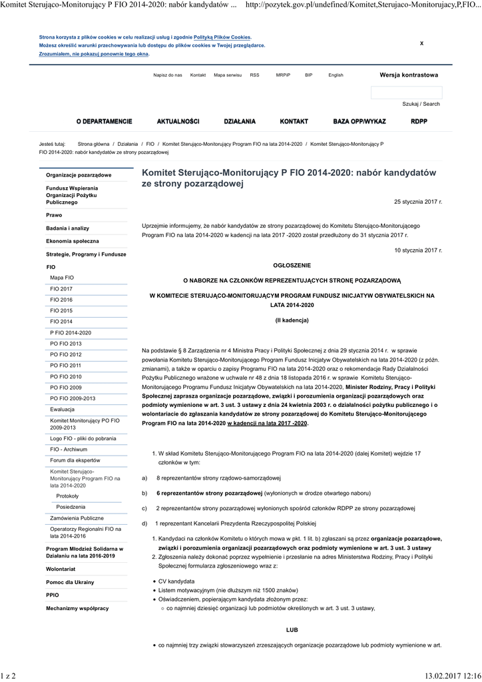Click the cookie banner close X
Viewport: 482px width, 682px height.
(x=421, y=43)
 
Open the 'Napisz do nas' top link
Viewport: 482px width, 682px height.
(x=167, y=75)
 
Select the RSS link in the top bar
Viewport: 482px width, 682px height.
(x=255, y=75)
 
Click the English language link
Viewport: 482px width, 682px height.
(x=336, y=75)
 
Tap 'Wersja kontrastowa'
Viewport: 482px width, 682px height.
(x=409, y=75)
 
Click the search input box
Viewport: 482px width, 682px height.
(x=405, y=92)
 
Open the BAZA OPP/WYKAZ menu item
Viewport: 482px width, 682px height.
(x=360, y=121)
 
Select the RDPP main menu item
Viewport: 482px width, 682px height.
(x=419, y=121)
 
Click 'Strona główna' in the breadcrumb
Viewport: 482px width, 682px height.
(x=93, y=144)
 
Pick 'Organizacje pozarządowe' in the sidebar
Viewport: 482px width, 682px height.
(x=79, y=175)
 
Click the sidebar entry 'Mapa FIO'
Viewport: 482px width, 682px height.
(x=62, y=278)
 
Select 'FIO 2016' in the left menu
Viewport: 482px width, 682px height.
(x=61, y=300)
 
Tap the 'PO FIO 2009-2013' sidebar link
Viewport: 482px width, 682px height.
(x=73, y=398)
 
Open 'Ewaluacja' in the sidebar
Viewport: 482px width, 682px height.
(x=63, y=409)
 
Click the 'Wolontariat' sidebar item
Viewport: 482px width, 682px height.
(x=61, y=569)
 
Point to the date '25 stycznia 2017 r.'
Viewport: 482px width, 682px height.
(x=418, y=201)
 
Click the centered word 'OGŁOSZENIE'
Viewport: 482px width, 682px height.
(x=292, y=265)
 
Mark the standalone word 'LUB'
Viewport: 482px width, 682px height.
(x=292, y=629)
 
